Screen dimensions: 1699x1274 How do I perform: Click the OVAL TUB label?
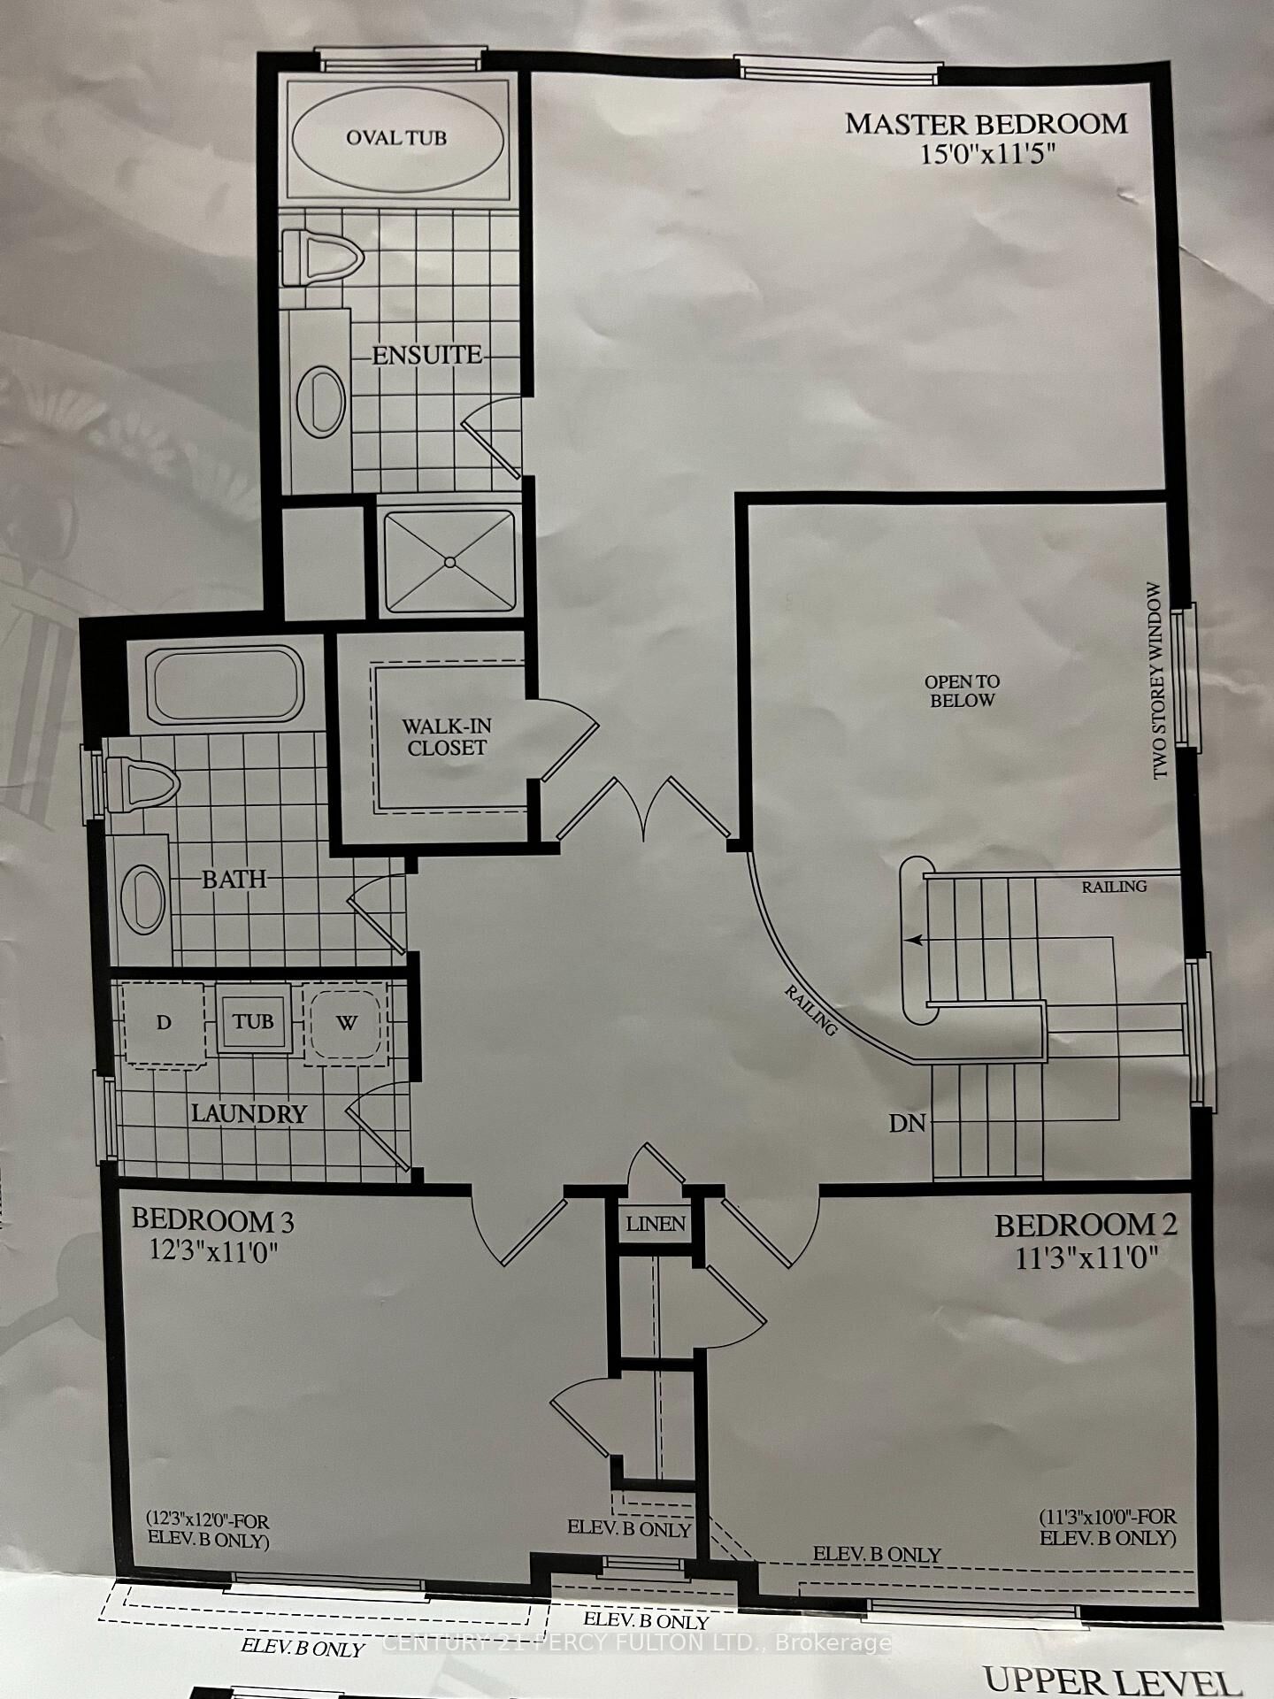point(396,138)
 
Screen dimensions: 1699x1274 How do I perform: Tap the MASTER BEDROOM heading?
point(986,124)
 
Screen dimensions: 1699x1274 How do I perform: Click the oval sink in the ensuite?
point(320,400)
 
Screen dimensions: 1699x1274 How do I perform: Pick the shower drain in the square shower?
point(449,562)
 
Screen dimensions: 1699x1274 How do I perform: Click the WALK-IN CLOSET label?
point(446,736)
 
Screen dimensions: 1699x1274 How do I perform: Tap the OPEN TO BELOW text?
point(962,691)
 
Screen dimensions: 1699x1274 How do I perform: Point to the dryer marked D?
point(163,1023)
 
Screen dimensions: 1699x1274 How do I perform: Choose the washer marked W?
point(346,1023)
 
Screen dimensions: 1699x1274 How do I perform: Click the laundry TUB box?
point(253,1021)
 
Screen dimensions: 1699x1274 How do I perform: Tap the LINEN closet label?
point(656,1224)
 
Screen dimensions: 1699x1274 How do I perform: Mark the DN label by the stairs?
point(907,1124)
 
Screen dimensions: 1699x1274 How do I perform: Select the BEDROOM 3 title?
point(212,1221)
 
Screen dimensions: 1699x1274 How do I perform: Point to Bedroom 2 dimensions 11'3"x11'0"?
point(1087,1257)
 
